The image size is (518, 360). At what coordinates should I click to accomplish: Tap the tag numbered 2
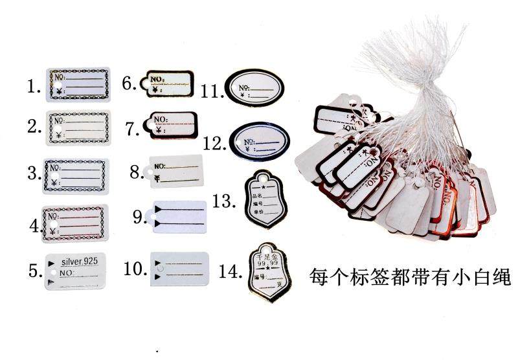(78, 128)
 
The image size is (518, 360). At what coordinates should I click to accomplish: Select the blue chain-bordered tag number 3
(76, 175)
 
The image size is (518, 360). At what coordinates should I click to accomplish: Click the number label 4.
(35, 226)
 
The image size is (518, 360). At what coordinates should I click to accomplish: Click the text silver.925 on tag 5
(79, 262)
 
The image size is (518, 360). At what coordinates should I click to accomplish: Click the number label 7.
(133, 129)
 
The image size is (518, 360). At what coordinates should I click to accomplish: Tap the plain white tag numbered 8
(175, 170)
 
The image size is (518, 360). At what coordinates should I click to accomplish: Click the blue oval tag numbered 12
(256, 138)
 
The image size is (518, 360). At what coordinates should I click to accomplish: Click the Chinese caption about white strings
(411, 277)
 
